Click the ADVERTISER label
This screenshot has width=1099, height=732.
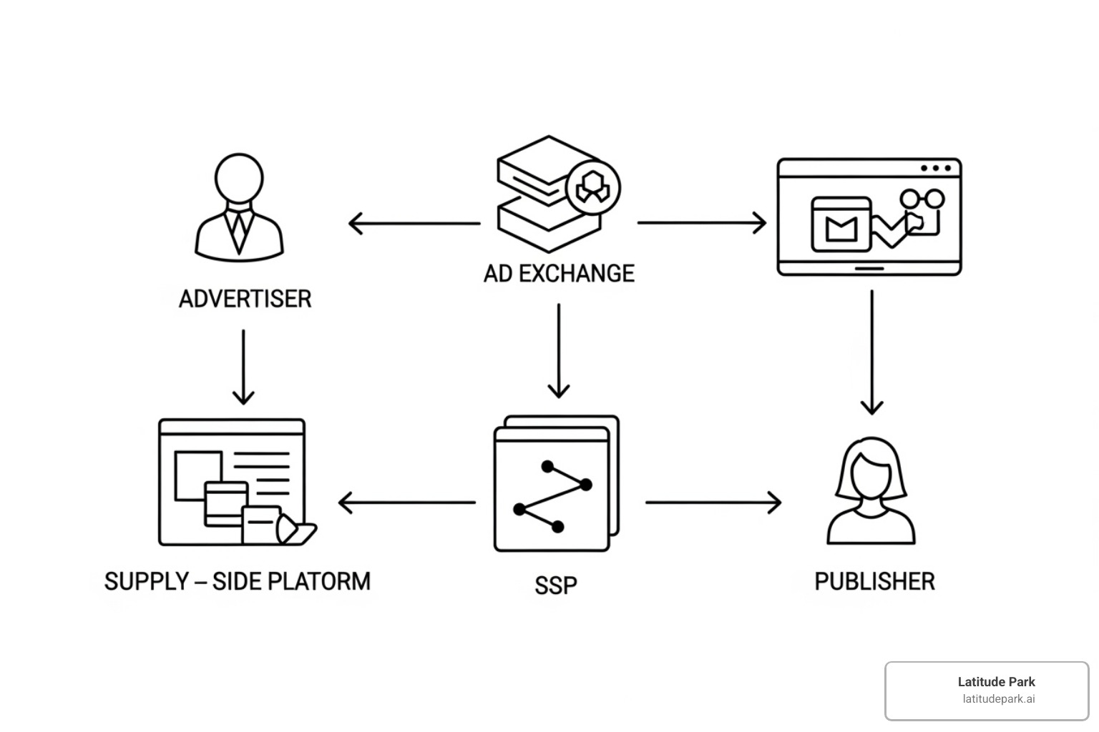245,299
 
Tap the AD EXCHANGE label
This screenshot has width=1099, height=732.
559,273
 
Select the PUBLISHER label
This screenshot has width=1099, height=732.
874,581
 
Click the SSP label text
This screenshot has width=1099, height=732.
555,585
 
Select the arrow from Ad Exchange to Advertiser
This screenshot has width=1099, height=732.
414,223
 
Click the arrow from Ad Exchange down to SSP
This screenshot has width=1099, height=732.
559,350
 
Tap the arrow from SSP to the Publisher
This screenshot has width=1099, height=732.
713,503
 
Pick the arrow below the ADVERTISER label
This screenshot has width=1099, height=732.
243,367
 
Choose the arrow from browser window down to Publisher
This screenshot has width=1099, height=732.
871,352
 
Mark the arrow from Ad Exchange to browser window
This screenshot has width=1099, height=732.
701,222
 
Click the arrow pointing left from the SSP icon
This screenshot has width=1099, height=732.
406,503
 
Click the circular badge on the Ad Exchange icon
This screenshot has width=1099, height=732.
592,188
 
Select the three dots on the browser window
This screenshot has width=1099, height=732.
936,169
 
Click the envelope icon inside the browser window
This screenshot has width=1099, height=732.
841,225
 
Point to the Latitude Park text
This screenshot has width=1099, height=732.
996,682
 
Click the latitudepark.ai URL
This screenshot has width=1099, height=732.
998,699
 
